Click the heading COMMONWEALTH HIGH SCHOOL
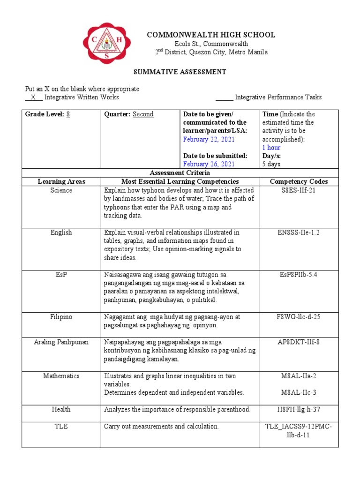point(211,35)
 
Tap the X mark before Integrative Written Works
point(33,97)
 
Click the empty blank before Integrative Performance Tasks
point(224,97)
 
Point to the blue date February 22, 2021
point(209,139)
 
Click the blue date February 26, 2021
point(209,164)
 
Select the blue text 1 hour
point(271,148)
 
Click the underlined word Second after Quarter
point(143,114)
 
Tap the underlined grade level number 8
point(68,114)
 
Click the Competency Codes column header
point(299,181)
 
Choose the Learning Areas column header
point(61,181)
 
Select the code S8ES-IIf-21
point(299,190)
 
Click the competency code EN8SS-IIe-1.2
point(299,232)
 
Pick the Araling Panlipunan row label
point(61,342)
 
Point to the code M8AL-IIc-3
point(299,392)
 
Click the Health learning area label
point(61,410)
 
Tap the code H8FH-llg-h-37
point(299,410)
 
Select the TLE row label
point(61,427)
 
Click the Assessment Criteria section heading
point(180,173)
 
